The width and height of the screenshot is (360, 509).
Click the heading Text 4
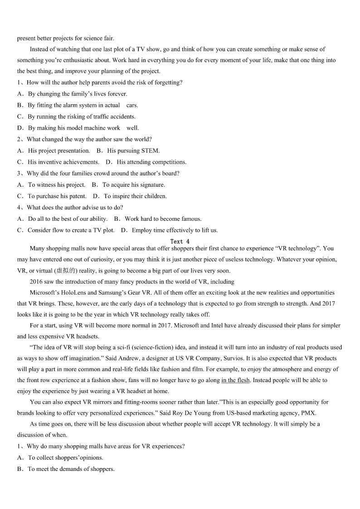[x=180, y=242]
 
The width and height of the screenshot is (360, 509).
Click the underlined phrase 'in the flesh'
[x=235, y=380]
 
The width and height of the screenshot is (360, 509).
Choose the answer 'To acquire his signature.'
[x=133, y=184]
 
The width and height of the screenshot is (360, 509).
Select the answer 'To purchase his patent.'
[x=57, y=196]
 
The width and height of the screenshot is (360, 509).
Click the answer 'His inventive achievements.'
[x=63, y=162]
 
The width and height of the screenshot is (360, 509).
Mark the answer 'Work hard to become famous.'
[x=163, y=218]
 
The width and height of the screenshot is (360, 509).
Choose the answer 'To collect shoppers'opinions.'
[x=65, y=457]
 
